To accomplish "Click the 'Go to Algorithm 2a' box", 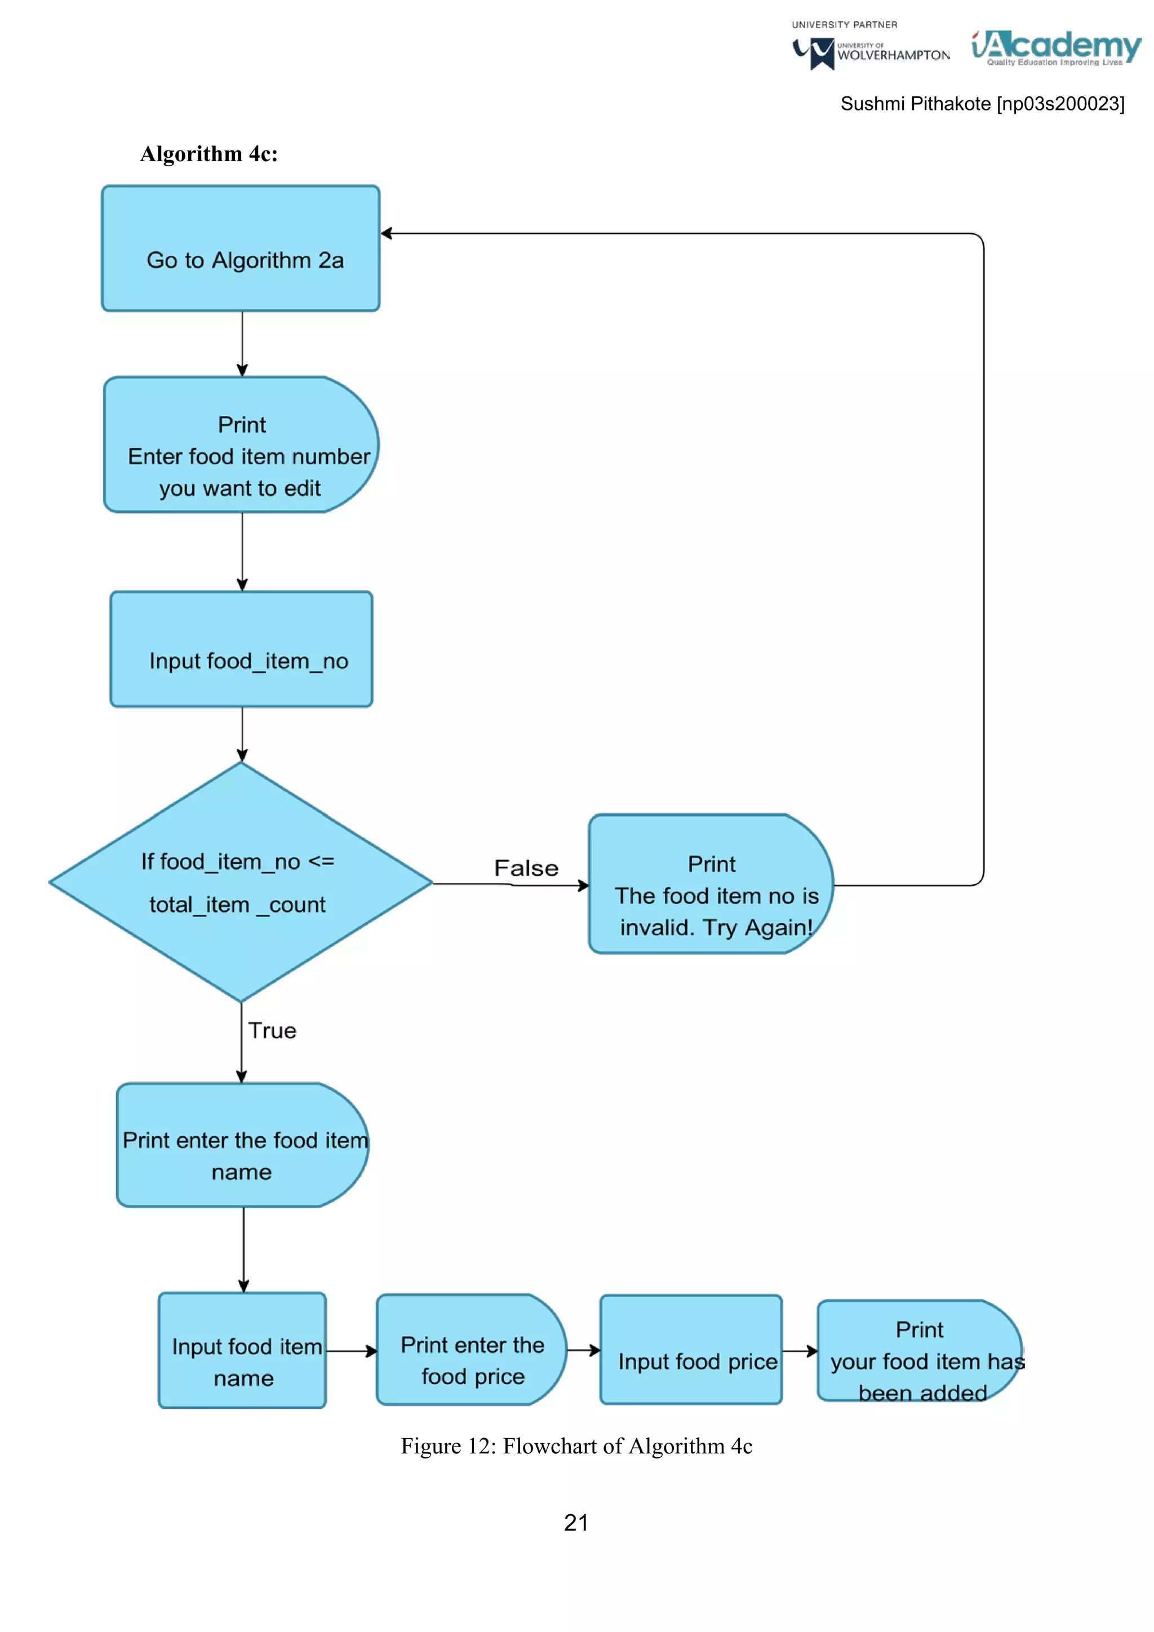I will pyautogui.click(x=241, y=249).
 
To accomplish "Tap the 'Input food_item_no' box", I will pyautogui.click(x=242, y=650).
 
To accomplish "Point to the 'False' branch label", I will pyautogui.click(x=526, y=868).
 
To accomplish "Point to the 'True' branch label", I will pyautogui.click(x=272, y=1031).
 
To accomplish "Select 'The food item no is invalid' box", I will pyautogui.click(x=711, y=884).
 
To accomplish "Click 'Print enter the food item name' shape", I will pyautogui.click(x=242, y=1145).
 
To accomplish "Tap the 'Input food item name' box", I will pyautogui.click(x=242, y=1351).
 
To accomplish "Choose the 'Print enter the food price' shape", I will pyautogui.click(x=471, y=1350).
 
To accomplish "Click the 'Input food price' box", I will pyautogui.click(x=691, y=1350).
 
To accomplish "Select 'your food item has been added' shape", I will pyautogui.click(x=920, y=1351).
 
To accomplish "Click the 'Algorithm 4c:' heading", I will pyautogui.click(x=209, y=154).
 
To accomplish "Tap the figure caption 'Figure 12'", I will pyautogui.click(x=576, y=1447).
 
